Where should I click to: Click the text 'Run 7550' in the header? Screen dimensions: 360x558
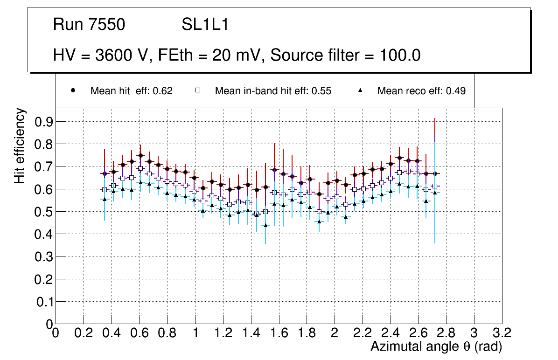click(89, 25)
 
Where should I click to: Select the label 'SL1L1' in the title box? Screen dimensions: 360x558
click(205, 25)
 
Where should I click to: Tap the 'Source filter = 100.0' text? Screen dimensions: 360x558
click(346, 55)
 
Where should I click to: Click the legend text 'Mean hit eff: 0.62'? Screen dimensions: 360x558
click(132, 91)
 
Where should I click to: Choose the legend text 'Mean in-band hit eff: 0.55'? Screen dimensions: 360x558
click(273, 91)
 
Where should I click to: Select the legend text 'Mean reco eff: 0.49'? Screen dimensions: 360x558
click(421, 91)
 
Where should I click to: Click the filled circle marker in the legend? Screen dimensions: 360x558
click(73, 90)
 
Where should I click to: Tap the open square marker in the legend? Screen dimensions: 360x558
click(198, 90)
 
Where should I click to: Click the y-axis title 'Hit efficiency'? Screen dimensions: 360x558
click(20, 146)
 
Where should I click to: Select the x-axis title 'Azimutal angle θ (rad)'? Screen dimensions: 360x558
click(436, 346)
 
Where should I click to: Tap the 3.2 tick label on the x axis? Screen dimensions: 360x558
click(502, 332)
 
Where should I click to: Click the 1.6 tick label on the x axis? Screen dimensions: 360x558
click(279, 332)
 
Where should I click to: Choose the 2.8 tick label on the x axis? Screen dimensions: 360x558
click(446, 332)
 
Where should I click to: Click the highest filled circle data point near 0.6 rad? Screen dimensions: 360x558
click(140, 156)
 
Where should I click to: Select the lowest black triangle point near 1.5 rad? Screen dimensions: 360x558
click(265, 225)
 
